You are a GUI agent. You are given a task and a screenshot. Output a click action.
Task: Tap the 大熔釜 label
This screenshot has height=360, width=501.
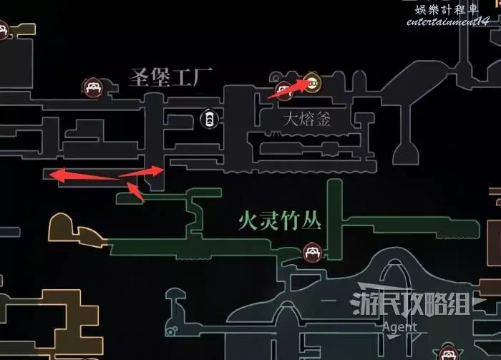307,119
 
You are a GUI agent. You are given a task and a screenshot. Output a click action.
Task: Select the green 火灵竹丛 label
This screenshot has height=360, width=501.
280,220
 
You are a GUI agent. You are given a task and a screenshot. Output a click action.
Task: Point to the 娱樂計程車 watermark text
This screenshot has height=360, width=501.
452,9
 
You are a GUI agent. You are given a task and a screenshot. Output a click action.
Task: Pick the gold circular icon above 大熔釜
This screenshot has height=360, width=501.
311,81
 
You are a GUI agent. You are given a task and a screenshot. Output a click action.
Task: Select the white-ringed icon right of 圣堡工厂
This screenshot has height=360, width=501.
208,118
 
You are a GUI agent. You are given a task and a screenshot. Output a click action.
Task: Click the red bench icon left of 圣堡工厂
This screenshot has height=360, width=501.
91,88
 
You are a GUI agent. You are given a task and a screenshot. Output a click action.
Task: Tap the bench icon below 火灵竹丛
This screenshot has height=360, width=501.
312,251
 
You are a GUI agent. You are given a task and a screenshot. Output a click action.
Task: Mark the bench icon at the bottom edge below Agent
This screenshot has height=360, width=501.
449,352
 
